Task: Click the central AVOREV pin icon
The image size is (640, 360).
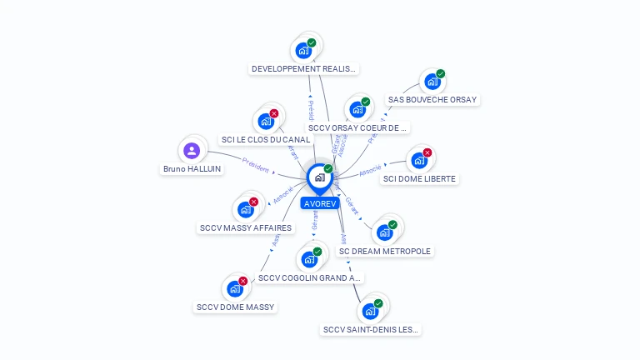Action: (x=319, y=177)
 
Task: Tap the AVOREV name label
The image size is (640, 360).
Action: (x=320, y=203)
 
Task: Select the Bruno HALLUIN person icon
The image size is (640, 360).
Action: (x=192, y=151)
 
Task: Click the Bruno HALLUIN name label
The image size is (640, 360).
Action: (x=192, y=169)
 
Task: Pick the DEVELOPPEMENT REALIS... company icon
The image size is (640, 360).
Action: (x=304, y=50)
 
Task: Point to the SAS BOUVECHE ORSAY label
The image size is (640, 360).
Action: (x=432, y=100)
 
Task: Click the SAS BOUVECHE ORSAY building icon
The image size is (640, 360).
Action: (x=432, y=82)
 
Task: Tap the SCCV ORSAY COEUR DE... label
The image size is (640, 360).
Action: (x=357, y=128)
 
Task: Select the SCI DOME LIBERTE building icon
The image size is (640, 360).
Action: (x=418, y=160)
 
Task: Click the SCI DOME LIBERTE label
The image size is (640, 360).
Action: (x=419, y=179)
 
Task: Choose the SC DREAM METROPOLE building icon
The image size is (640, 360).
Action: (x=385, y=232)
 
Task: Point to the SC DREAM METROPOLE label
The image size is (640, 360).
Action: (x=385, y=251)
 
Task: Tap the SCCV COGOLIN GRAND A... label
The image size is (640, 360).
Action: (x=309, y=277)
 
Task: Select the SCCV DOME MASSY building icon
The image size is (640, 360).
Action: (x=235, y=289)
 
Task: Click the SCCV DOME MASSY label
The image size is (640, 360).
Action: (x=236, y=307)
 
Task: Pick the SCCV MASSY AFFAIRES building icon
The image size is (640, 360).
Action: (x=246, y=209)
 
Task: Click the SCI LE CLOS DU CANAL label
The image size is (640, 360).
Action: (x=265, y=140)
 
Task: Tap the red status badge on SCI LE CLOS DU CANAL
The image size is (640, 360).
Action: (x=273, y=113)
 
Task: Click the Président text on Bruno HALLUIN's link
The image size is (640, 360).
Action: (x=255, y=164)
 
